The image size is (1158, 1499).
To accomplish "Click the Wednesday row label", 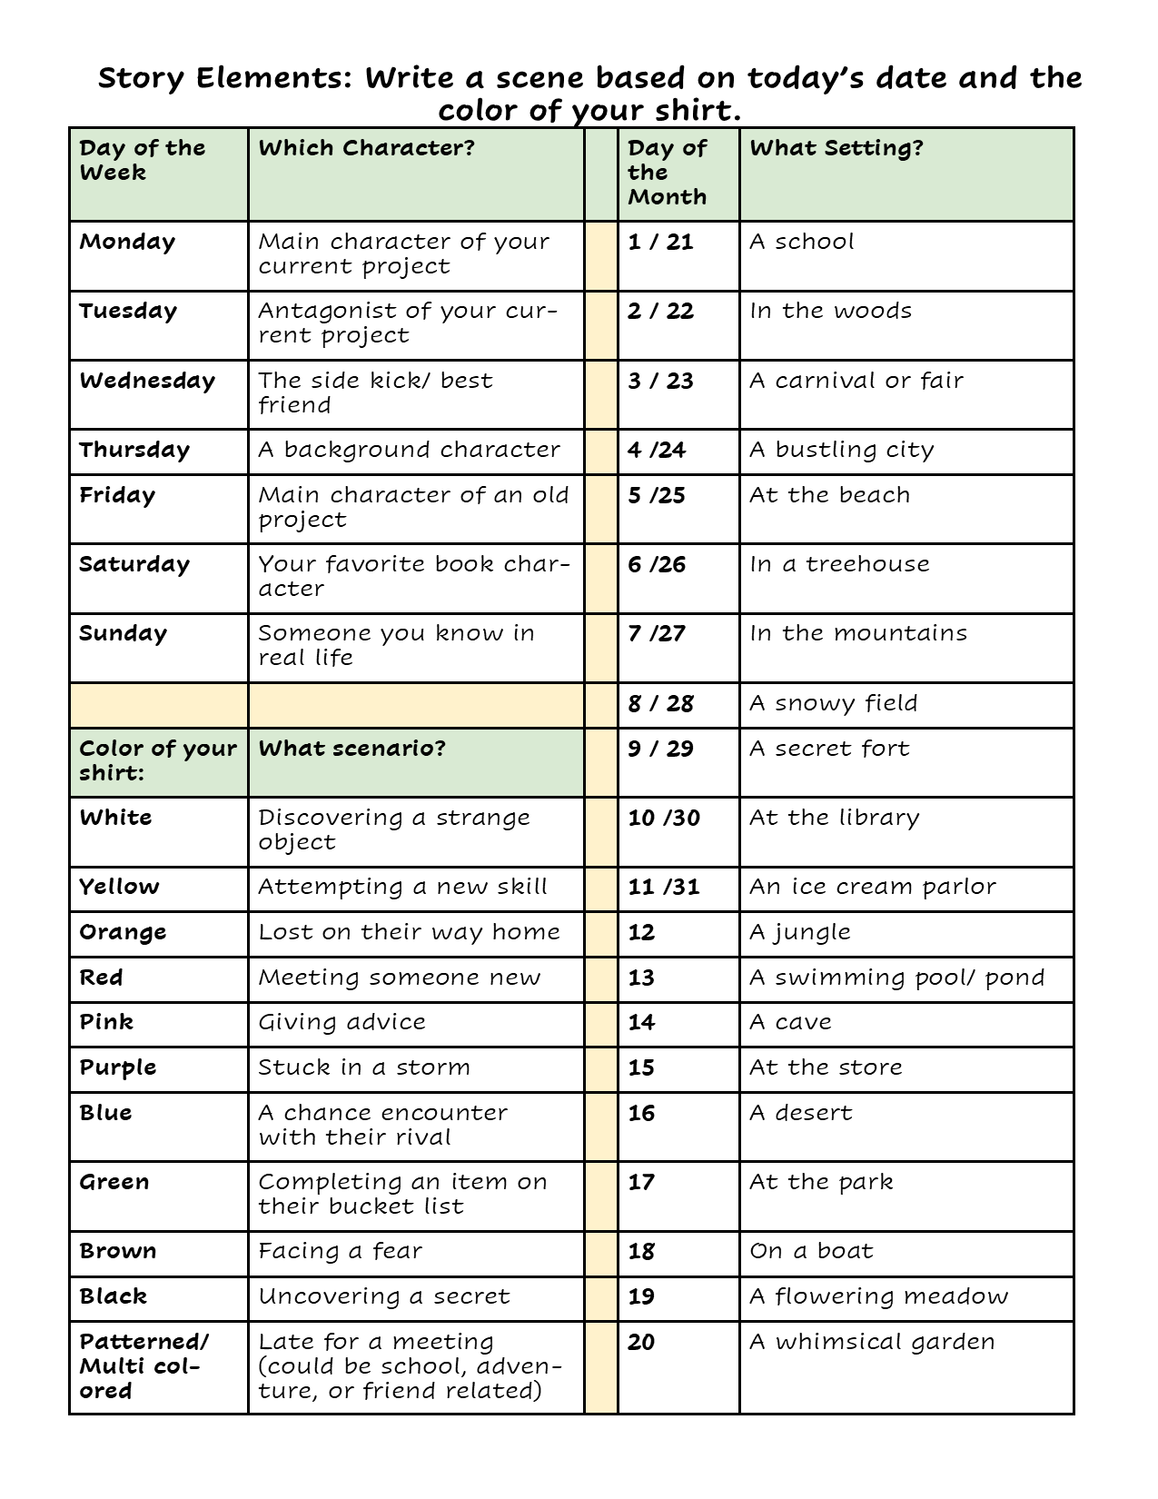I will point(147,381).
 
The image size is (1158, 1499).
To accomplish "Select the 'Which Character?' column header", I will point(367,148).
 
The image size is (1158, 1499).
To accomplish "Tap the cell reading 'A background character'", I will point(410,450).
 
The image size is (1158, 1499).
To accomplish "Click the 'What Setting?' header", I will point(836,148).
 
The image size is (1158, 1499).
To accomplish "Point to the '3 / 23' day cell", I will point(660,381).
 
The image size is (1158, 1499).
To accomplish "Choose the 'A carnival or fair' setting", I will point(856,381).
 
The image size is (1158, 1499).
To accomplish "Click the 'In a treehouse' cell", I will point(839,564).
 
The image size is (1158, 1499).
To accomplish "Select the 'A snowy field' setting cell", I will point(834,703).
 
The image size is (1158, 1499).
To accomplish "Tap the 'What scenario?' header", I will point(352,749).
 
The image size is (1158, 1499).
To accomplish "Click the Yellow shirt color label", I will point(119,887).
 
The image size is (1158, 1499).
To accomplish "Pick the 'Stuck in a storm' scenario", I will point(364,1067).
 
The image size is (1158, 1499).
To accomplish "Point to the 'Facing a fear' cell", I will point(341,1251).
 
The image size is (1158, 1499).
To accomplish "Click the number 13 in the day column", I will point(641,978).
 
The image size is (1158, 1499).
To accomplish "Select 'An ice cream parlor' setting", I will point(873,887).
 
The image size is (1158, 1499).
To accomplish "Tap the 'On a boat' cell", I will point(811,1251).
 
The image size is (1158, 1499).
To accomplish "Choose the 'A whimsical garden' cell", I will point(872,1342).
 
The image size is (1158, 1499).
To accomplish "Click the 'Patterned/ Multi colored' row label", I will point(144,1365).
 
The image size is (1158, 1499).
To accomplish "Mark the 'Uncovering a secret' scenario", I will point(384,1296).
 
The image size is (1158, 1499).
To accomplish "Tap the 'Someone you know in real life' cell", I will point(397,645).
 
